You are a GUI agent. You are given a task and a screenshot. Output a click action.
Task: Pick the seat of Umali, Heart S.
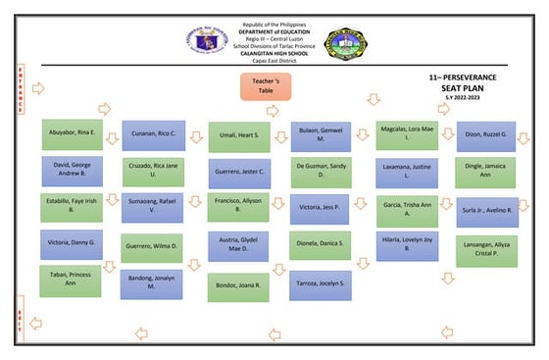(x=238, y=135)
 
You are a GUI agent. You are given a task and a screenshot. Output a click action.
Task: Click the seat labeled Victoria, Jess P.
(x=320, y=208)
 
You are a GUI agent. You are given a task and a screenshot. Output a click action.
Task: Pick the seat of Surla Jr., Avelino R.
(x=486, y=211)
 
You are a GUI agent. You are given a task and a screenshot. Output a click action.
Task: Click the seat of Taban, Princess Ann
(x=70, y=281)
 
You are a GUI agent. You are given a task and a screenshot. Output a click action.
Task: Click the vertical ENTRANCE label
(x=19, y=90)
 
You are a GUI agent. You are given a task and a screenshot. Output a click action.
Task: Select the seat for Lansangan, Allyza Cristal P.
(x=486, y=251)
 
